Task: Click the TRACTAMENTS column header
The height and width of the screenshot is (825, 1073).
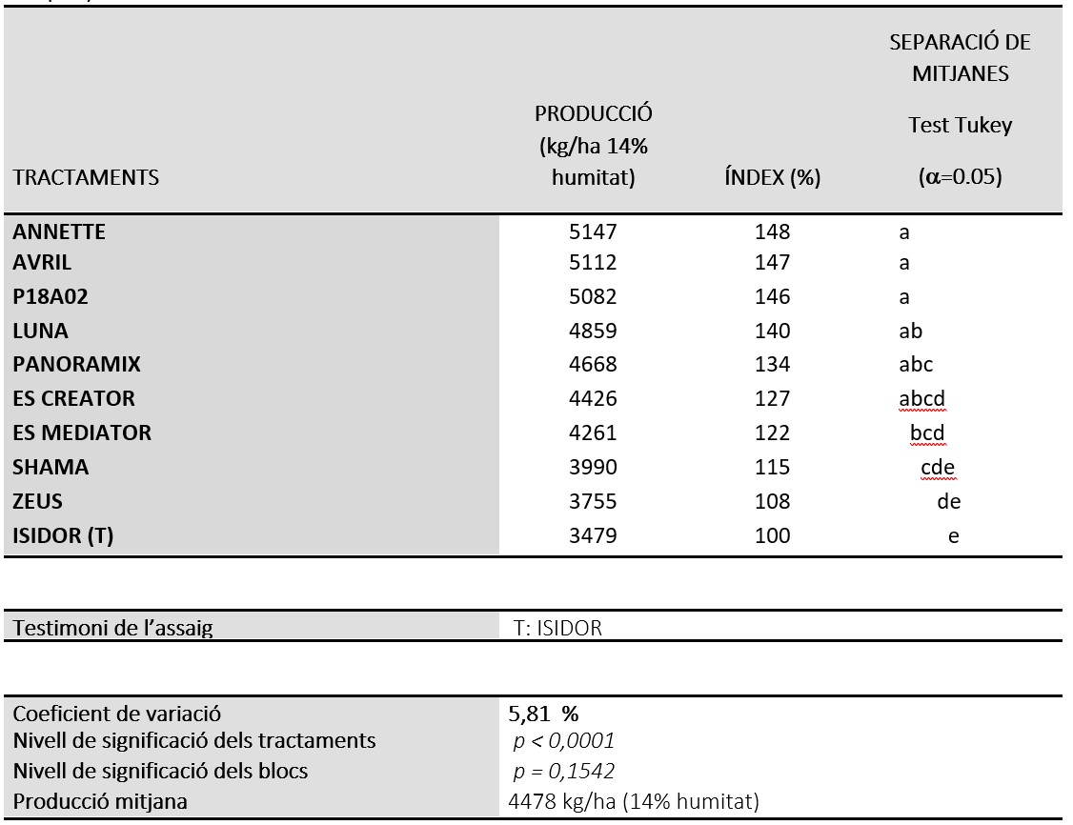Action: coord(86,178)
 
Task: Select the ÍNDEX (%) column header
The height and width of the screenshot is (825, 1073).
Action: coord(773,178)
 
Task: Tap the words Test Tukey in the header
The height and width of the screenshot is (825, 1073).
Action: coord(961,126)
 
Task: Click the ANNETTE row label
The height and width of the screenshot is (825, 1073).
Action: coord(59,231)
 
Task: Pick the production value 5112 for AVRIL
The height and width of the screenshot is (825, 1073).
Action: coord(593,263)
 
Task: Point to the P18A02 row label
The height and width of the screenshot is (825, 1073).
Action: coord(51,297)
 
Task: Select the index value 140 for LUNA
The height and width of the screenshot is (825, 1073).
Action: coord(773,332)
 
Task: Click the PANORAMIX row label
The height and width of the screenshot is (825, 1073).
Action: coord(76,365)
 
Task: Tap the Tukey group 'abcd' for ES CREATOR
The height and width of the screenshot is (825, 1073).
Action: coord(921,399)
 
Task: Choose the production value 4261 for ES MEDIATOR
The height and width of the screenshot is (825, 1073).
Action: coord(593,433)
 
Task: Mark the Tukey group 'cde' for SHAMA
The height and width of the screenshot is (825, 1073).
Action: coord(938,467)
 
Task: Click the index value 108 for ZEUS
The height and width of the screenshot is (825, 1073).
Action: coord(773,501)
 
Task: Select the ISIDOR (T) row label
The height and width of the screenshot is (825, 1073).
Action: coord(63,535)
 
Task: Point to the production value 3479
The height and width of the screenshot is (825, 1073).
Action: coord(593,535)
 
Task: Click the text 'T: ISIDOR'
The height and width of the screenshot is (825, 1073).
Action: coord(557,628)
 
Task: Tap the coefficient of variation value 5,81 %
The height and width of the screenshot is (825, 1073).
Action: coord(543,714)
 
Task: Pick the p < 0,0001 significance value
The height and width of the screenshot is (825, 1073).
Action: coord(564,741)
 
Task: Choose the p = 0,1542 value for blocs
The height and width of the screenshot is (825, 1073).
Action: coord(564,772)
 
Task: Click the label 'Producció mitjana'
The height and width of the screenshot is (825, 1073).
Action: coord(100,802)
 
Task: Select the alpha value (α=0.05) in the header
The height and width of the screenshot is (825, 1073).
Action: coord(961,177)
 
